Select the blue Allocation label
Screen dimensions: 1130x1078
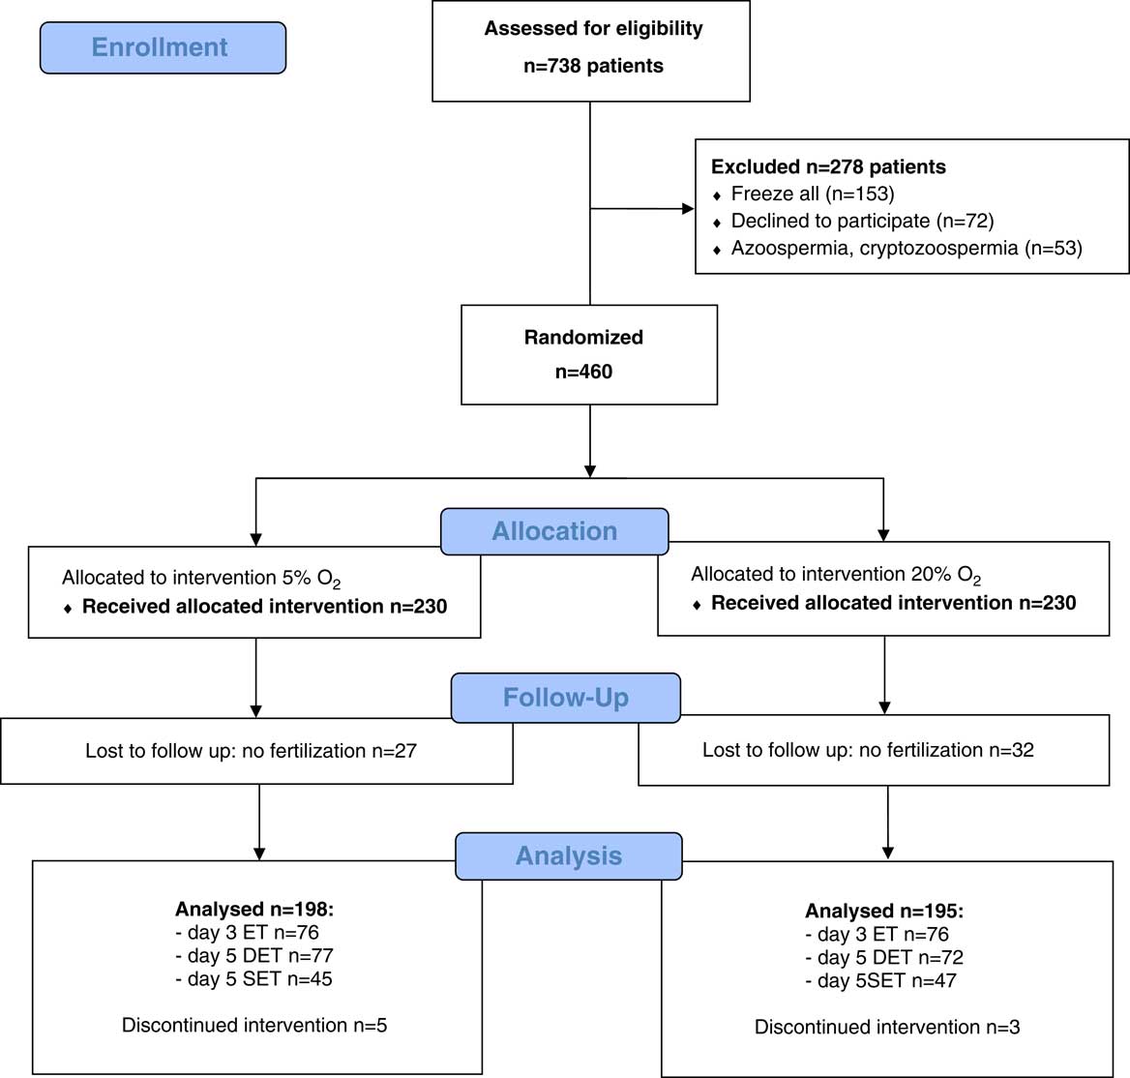point(554,531)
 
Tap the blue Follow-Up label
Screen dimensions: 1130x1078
point(566,698)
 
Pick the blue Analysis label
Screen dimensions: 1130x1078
point(569,856)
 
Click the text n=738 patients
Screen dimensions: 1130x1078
point(593,66)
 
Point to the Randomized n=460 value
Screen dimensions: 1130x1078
point(583,372)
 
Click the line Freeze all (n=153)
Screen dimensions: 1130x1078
point(813,194)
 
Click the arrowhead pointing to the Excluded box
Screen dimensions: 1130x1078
point(688,209)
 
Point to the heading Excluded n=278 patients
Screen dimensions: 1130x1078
point(828,166)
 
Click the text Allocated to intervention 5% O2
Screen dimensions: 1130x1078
point(201,579)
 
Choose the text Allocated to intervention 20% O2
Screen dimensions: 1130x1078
point(836,575)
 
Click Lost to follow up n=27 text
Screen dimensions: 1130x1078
point(251,751)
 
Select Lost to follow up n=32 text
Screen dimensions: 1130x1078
point(868,750)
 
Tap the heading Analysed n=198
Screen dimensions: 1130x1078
point(254,909)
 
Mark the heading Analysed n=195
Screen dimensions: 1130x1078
point(883,911)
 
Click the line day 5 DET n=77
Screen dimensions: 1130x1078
point(253,955)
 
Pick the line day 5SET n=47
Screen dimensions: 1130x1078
point(880,980)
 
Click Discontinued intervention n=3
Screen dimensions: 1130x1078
point(887,1027)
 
